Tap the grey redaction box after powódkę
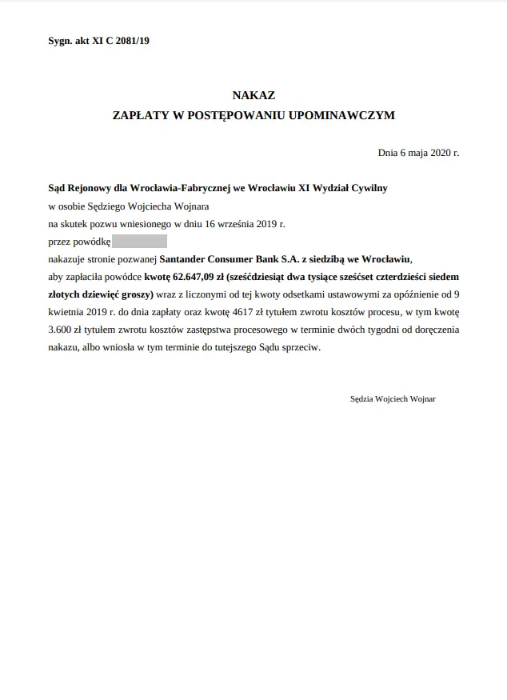(x=139, y=242)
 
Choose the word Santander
(x=189, y=259)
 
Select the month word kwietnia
(x=68, y=312)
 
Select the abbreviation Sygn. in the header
(x=61, y=41)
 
